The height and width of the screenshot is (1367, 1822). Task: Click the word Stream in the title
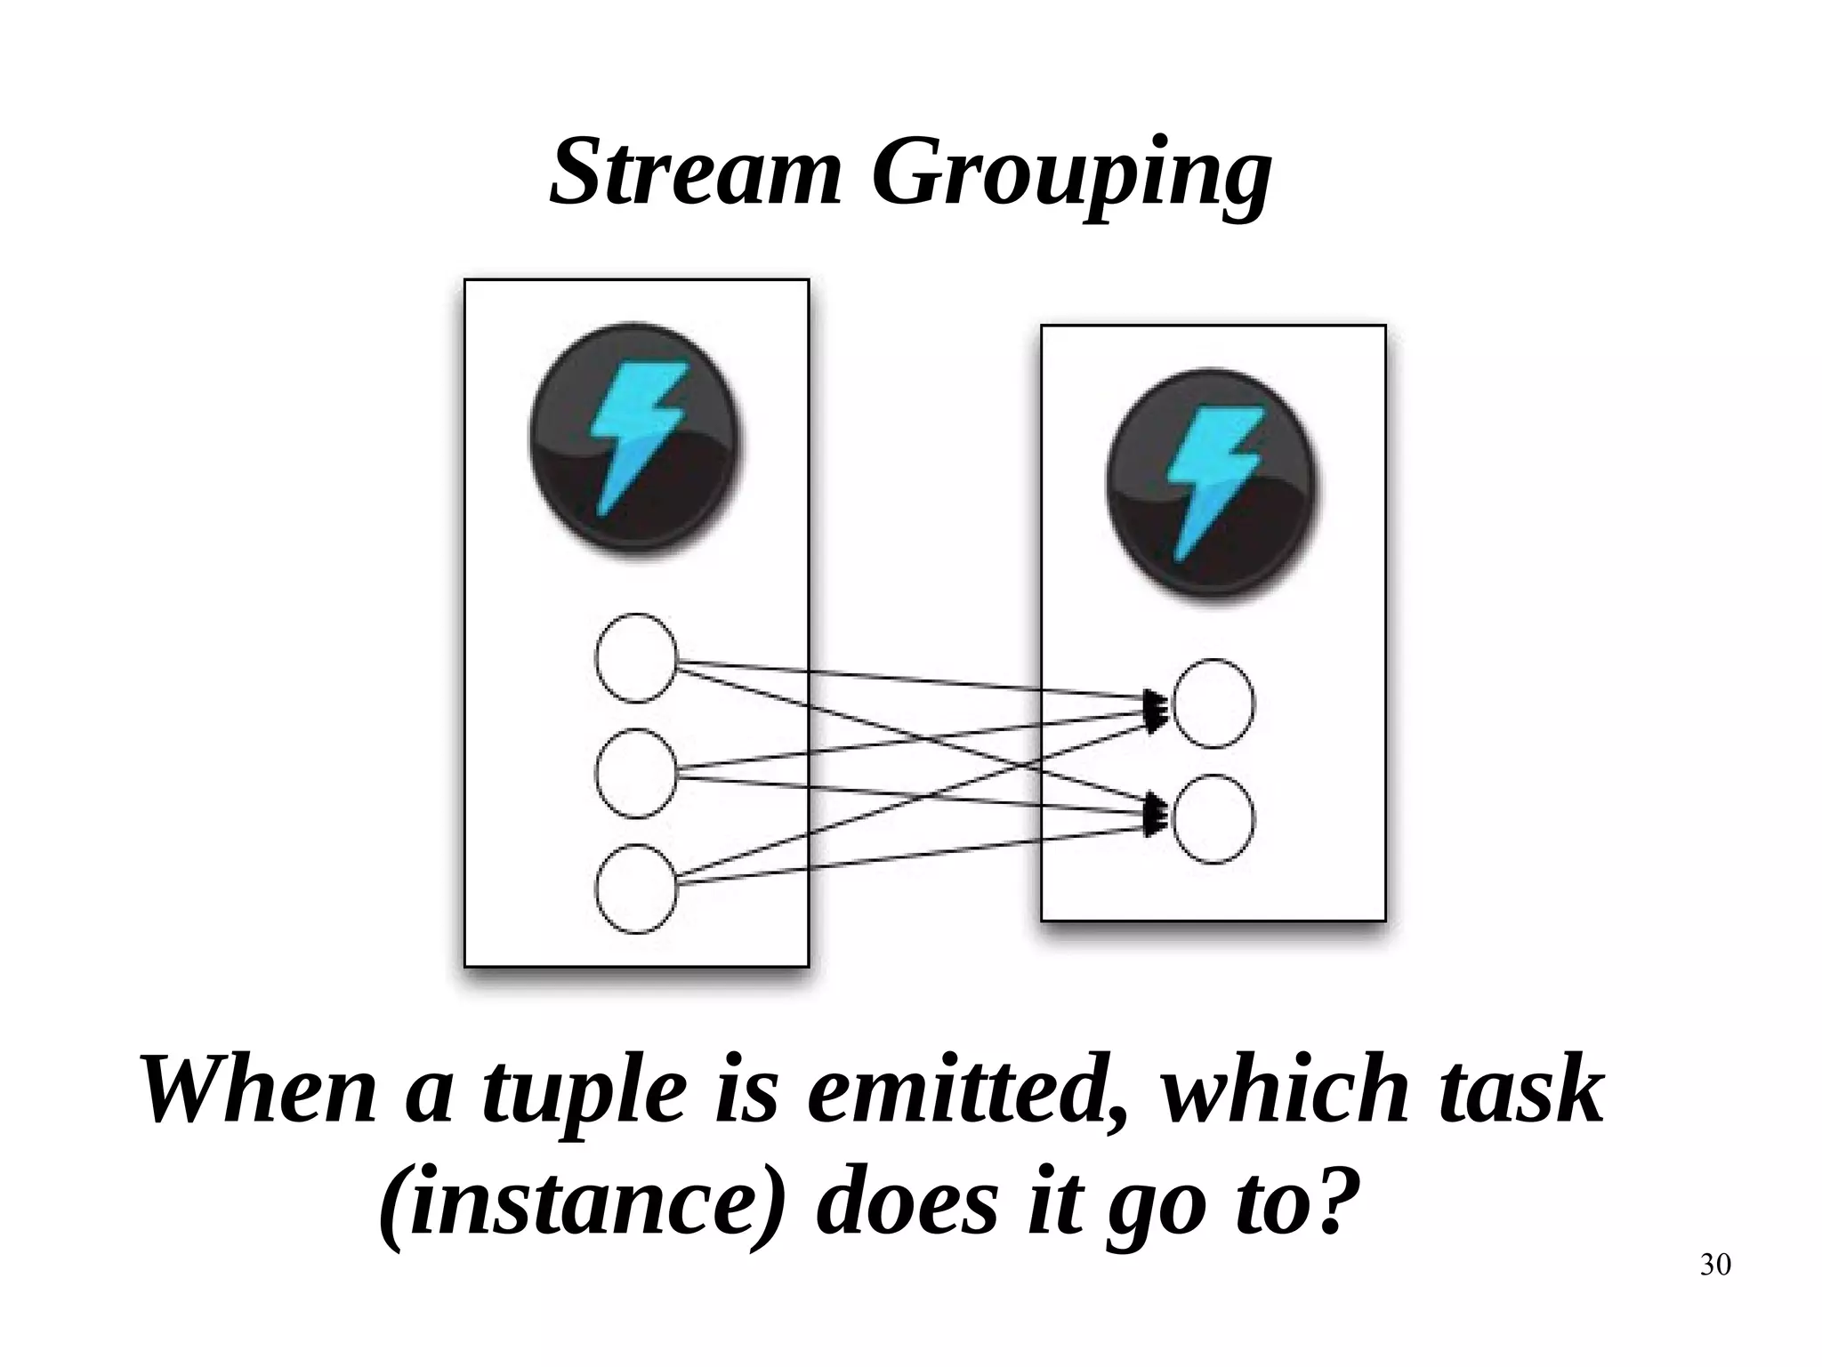tap(695, 172)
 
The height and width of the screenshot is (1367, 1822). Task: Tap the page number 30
tap(1714, 1264)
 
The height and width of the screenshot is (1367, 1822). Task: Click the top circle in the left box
tap(635, 658)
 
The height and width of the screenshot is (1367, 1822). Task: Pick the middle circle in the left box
tap(635, 773)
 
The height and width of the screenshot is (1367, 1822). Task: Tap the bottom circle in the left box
tap(635, 889)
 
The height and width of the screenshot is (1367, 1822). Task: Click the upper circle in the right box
tap(1213, 704)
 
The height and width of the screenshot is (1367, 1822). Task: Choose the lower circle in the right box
tap(1213, 819)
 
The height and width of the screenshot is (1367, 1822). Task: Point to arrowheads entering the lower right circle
tap(1157, 814)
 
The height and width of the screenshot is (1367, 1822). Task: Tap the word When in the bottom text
tap(257, 1090)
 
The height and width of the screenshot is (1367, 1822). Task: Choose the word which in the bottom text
tap(1286, 1090)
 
